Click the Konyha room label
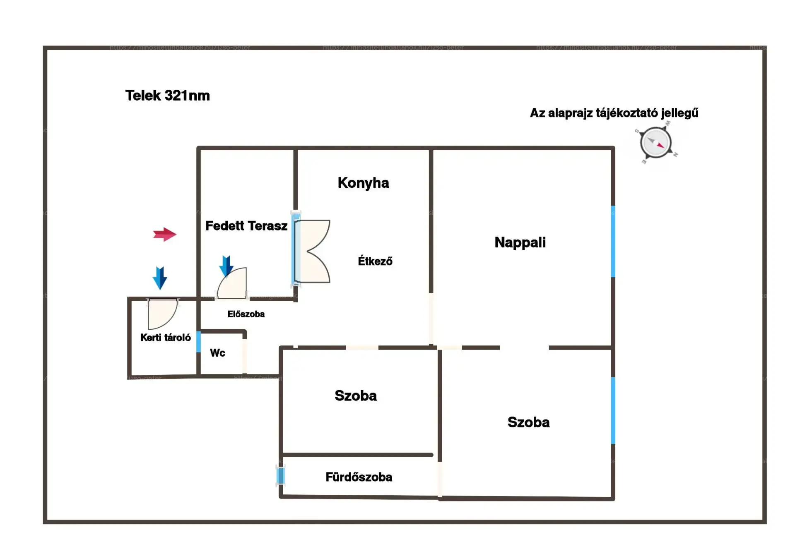click(363, 183)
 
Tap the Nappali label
click(520, 242)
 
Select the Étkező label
click(375, 261)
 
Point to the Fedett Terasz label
click(246, 226)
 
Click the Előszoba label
click(246, 314)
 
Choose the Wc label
click(217, 353)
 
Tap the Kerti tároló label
click(165, 338)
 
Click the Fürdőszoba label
click(359, 477)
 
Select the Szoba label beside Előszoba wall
click(356, 395)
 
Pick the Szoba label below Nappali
click(528, 422)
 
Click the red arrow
click(164, 235)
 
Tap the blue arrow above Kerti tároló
click(160, 278)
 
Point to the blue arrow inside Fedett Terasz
click(226, 266)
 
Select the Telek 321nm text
click(168, 96)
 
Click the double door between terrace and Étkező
click(313, 251)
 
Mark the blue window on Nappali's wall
click(613, 241)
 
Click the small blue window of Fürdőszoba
click(281, 475)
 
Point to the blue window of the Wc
click(199, 342)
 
